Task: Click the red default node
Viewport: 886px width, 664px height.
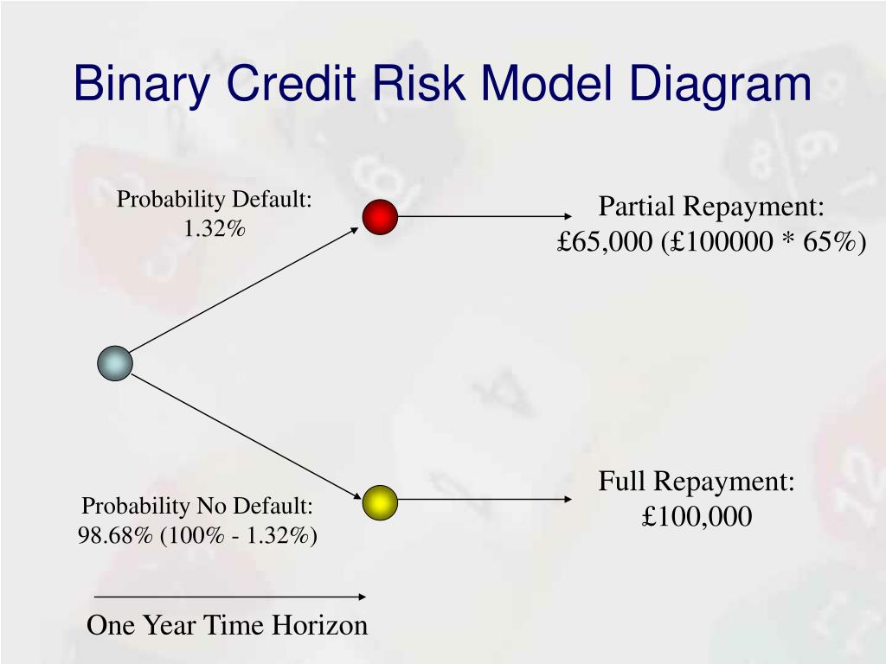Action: [380, 217]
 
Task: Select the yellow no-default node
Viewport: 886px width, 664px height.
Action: [380, 502]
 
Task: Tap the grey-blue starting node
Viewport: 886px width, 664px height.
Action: [115, 363]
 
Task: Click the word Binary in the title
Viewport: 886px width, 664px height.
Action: [141, 84]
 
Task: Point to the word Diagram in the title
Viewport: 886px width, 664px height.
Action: [720, 84]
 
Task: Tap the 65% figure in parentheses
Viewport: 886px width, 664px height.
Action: [830, 242]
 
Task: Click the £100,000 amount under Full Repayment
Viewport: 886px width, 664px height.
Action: [697, 516]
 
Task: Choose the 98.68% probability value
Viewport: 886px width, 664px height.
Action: [115, 535]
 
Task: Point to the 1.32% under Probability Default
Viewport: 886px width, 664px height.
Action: [215, 228]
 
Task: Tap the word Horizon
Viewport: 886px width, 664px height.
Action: [320, 625]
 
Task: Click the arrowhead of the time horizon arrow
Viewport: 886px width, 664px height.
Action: [363, 597]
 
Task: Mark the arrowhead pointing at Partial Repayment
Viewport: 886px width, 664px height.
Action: [568, 216]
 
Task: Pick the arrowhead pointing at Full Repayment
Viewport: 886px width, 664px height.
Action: [568, 499]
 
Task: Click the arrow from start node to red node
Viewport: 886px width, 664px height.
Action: [244, 290]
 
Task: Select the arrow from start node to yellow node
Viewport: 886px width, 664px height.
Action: [246, 437]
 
